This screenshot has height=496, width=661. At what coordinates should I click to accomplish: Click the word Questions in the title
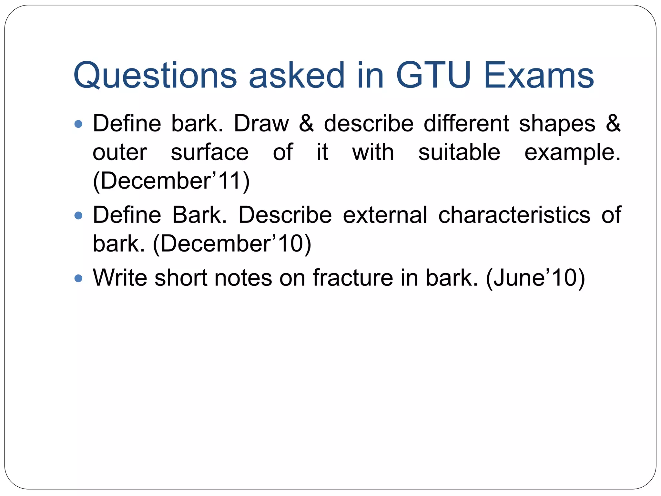155,76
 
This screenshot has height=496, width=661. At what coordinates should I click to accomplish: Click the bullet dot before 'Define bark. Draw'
78,124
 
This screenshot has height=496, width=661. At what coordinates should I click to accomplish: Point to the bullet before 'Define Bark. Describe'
78,215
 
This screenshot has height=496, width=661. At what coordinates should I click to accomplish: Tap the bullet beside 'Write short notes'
78,278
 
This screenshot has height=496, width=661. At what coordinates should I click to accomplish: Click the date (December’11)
171,181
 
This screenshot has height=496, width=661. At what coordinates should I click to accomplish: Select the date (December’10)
232,243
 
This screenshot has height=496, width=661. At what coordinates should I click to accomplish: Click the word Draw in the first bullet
261,124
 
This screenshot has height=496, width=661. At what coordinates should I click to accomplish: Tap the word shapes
557,124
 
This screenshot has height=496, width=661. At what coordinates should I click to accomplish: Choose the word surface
209,152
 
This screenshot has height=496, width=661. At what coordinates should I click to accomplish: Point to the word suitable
459,152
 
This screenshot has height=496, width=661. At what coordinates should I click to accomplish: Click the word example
572,152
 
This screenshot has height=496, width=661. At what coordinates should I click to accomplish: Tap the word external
385,215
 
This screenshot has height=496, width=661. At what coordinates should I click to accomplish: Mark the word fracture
353,278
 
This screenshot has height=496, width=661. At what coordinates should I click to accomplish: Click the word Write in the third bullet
120,278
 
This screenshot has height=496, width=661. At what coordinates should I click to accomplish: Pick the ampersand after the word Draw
306,124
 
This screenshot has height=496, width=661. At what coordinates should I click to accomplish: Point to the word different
466,124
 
